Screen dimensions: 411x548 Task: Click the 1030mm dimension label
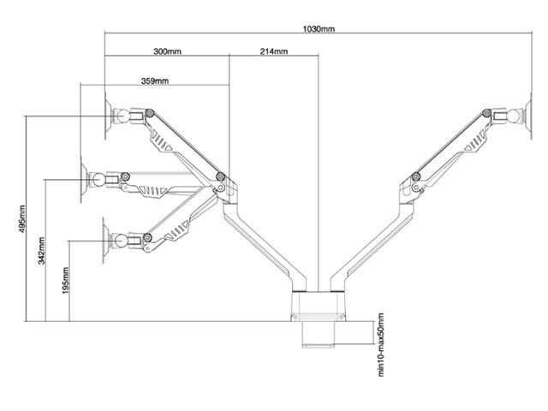(x=319, y=29)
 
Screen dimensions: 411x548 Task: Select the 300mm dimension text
(x=167, y=51)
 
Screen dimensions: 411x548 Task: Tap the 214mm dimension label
(x=273, y=51)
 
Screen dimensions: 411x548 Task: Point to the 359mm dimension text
(x=155, y=81)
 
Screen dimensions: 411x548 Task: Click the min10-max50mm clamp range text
(x=381, y=343)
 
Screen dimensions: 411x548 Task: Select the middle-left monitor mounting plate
(x=84, y=179)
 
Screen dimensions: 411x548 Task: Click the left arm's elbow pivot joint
(x=221, y=177)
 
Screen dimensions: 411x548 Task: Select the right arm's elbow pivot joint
(x=415, y=177)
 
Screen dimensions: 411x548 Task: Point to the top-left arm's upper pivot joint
(x=149, y=112)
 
